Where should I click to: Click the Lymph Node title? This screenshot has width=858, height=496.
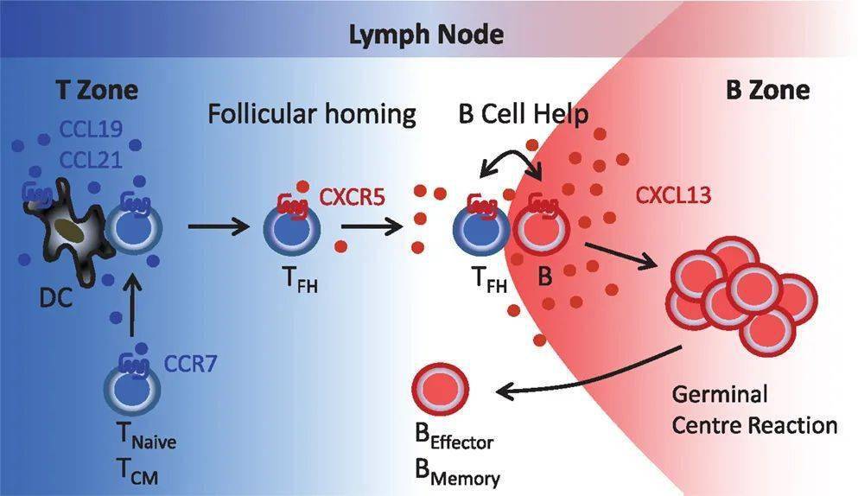coord(426,35)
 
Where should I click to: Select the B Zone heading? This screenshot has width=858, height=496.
coord(766,89)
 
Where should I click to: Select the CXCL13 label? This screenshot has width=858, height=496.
coord(673,195)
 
